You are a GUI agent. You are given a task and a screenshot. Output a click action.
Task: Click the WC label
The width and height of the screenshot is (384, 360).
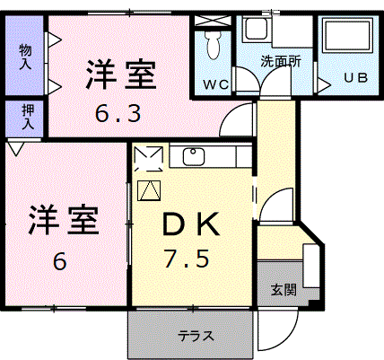coord(216,85)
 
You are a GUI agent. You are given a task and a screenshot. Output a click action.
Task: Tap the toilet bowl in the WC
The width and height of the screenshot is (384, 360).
coord(213,45)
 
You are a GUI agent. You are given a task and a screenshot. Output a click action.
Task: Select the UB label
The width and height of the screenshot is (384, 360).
coord(355,78)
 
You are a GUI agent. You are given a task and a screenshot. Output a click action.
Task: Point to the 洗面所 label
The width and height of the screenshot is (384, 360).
coord(281,61)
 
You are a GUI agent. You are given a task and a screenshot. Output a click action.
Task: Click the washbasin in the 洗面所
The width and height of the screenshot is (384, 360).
coord(257,29)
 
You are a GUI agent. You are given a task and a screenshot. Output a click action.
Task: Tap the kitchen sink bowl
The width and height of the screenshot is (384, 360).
coord(194,156)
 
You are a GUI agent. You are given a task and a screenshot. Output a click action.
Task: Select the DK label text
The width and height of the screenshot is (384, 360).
coord(191,224)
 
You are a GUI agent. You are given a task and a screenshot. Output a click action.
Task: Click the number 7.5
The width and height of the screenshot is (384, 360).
coord(186,259)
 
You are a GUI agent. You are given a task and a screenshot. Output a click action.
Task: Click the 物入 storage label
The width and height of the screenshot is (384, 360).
coord(25,57)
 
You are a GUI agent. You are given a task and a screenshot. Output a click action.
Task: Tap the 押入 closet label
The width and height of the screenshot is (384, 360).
coord(28,117)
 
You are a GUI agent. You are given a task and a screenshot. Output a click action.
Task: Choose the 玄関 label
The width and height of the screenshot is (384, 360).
coord(284,290)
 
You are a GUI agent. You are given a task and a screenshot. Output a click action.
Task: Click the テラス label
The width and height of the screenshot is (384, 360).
coord(196,336)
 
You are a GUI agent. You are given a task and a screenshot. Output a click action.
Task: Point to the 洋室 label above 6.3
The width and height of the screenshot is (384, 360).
coord(121,75)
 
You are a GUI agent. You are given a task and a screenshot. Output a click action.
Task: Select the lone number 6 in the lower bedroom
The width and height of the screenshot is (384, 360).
coord(60,261)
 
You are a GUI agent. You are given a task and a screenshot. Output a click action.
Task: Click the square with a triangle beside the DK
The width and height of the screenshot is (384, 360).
coord(149,190)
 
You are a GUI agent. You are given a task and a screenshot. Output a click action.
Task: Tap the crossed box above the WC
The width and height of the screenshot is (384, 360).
coord(213,21)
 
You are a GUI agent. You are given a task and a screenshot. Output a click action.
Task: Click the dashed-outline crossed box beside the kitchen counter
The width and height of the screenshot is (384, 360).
coord(149,159)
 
